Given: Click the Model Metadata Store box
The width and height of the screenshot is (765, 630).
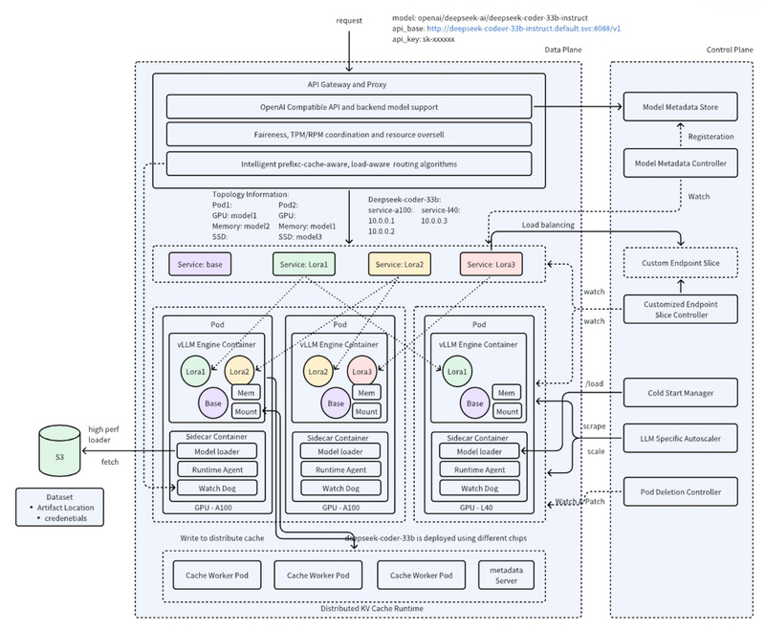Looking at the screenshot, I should click(x=681, y=106).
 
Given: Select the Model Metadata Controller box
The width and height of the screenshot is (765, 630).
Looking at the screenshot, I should click(x=681, y=164).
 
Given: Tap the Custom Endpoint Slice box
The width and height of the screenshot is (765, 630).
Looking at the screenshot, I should click(x=681, y=261).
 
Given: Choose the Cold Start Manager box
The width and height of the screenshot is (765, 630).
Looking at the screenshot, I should click(x=681, y=391).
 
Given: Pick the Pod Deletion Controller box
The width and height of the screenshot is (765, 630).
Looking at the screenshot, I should click(x=681, y=492).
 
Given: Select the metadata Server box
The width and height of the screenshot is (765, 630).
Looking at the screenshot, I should click(x=506, y=575).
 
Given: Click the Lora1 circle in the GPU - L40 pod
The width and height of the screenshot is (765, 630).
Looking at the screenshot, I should click(x=458, y=370).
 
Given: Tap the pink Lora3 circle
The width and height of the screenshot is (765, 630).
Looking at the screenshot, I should click(x=362, y=370).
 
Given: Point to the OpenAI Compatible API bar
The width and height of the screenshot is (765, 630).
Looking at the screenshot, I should click(x=348, y=106).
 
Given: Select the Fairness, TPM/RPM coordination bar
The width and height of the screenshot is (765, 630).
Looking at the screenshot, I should click(x=348, y=135).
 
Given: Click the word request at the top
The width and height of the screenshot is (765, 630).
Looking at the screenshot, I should click(x=348, y=20).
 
